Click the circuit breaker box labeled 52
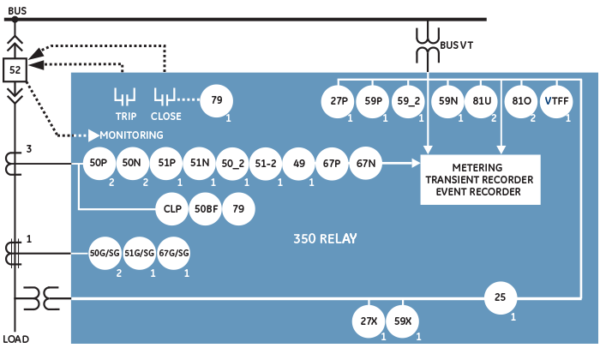(x=15, y=69)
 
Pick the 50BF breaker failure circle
(x=205, y=208)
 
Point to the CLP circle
(x=171, y=208)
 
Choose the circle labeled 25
(x=501, y=297)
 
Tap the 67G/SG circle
(x=173, y=253)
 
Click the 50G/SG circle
(x=106, y=253)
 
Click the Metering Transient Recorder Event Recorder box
(x=480, y=179)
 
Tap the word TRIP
(x=126, y=116)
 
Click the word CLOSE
(x=165, y=116)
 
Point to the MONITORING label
(x=131, y=135)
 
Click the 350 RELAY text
(x=325, y=237)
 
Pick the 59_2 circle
(x=408, y=101)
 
